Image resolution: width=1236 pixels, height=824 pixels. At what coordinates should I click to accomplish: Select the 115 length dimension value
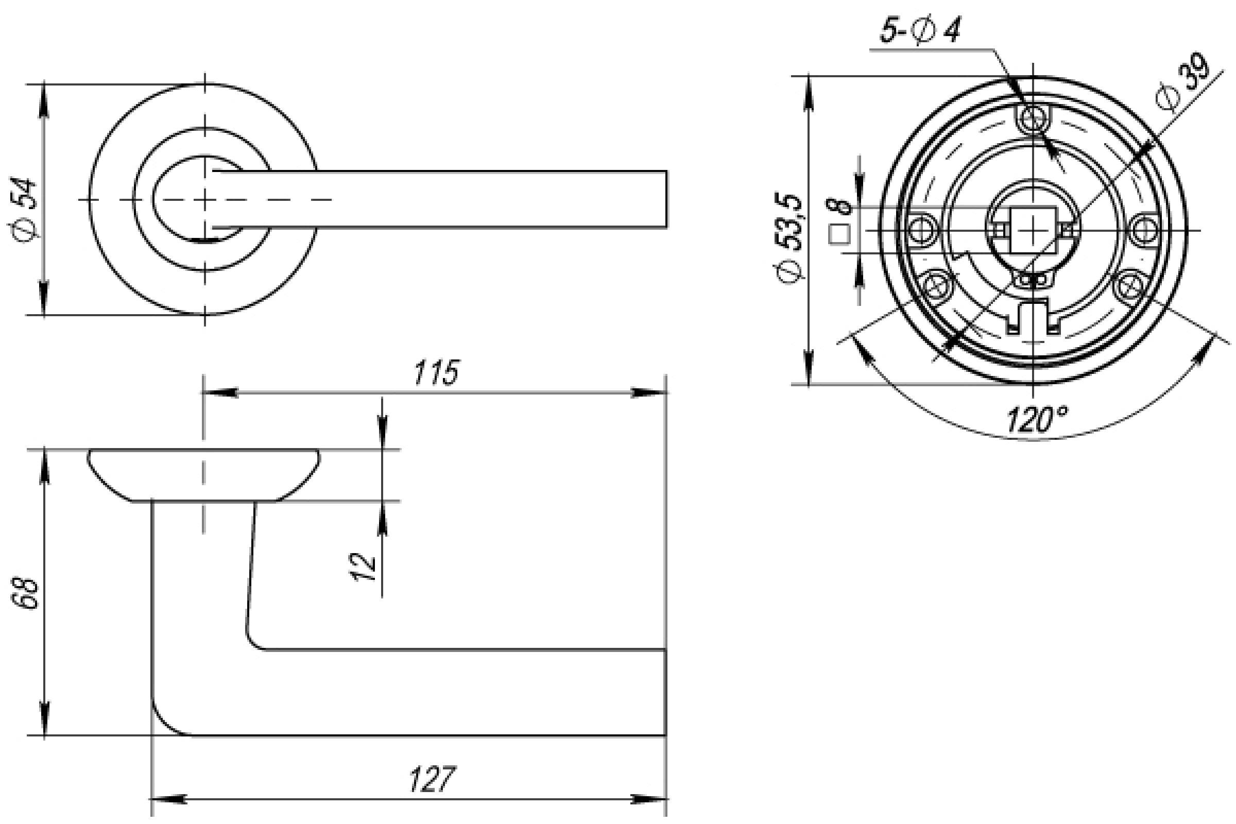click(436, 372)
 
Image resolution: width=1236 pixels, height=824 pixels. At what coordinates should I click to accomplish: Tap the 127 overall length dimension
click(432, 779)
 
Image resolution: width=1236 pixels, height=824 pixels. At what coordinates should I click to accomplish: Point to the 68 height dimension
click(26, 593)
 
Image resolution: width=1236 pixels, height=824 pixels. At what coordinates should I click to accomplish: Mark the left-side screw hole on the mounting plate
click(923, 230)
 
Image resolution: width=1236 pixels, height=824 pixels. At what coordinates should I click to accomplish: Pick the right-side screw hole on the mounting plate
click(1144, 230)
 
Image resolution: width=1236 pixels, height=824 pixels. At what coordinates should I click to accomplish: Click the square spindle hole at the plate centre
click(1033, 230)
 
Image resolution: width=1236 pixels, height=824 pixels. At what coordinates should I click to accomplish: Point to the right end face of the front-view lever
click(666, 199)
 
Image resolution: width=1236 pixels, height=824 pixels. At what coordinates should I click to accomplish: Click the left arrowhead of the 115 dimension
click(220, 392)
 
